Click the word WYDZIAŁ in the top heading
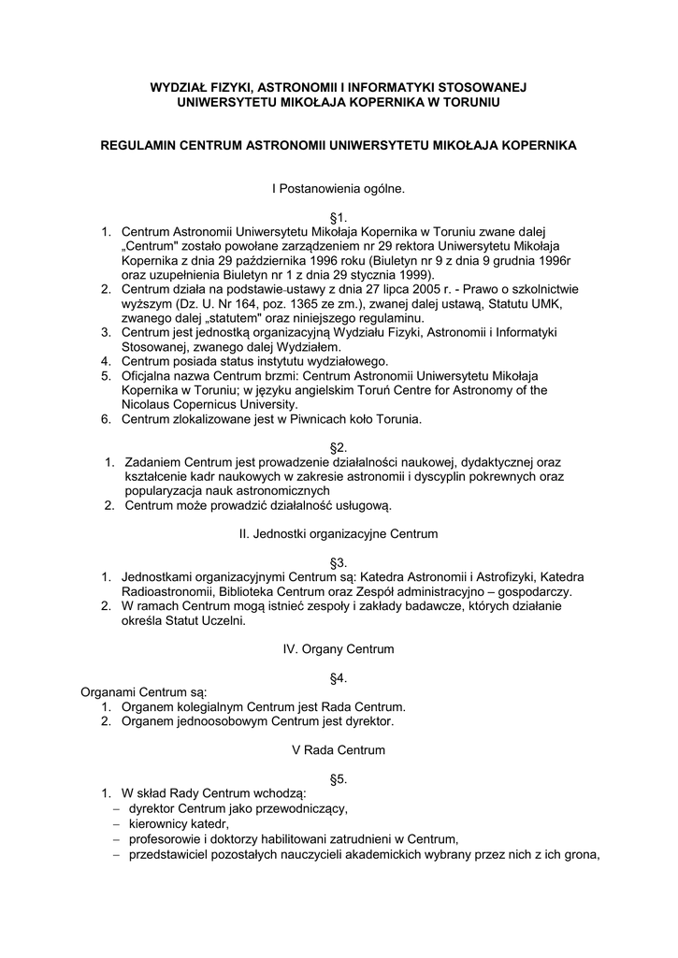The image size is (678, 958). pyautogui.click(x=177, y=87)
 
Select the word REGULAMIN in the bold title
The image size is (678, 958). pyautogui.click(x=137, y=146)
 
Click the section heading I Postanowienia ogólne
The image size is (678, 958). pyautogui.click(x=339, y=188)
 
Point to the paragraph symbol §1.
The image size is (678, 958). pyautogui.click(x=339, y=217)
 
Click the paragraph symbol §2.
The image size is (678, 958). pyautogui.click(x=339, y=448)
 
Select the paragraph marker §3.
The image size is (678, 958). pyautogui.click(x=339, y=563)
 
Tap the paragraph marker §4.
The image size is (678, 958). pyautogui.click(x=339, y=677)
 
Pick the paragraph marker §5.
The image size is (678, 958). pyautogui.click(x=339, y=778)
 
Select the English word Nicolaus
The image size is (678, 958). pyautogui.click(x=147, y=405)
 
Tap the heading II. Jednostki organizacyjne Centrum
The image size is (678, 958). pyautogui.click(x=339, y=534)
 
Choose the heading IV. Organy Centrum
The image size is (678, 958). pyautogui.click(x=339, y=648)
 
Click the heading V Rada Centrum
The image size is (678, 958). pyautogui.click(x=339, y=749)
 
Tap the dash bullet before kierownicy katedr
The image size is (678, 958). pyautogui.click(x=116, y=823)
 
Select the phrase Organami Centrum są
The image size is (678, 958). pyautogui.click(x=143, y=692)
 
